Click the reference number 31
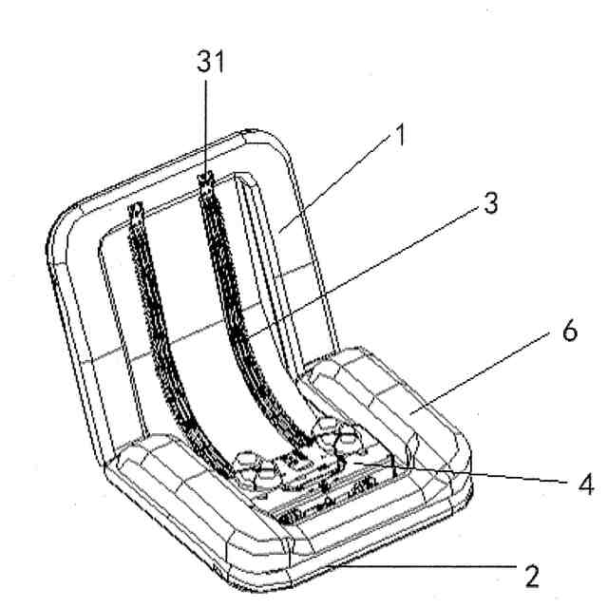click(210, 65)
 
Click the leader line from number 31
click(209, 123)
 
